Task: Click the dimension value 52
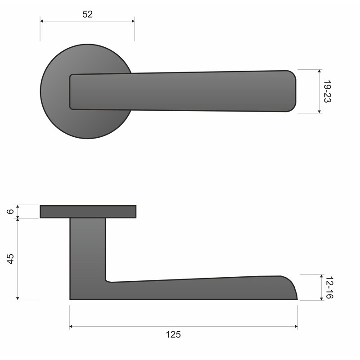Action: coord(87,14)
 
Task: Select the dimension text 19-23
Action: coord(327,91)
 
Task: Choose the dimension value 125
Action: coord(173,334)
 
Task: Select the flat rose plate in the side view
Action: coord(88,211)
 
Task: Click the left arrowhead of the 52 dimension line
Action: coord(42,21)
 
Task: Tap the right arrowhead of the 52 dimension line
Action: coord(133,21)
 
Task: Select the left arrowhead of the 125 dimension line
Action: coord(71,327)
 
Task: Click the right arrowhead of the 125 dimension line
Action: coord(296,327)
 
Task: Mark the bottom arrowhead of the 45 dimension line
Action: coord(17,297)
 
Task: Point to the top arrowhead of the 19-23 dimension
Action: coord(319,72)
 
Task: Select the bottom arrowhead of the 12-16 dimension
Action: coord(321,298)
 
